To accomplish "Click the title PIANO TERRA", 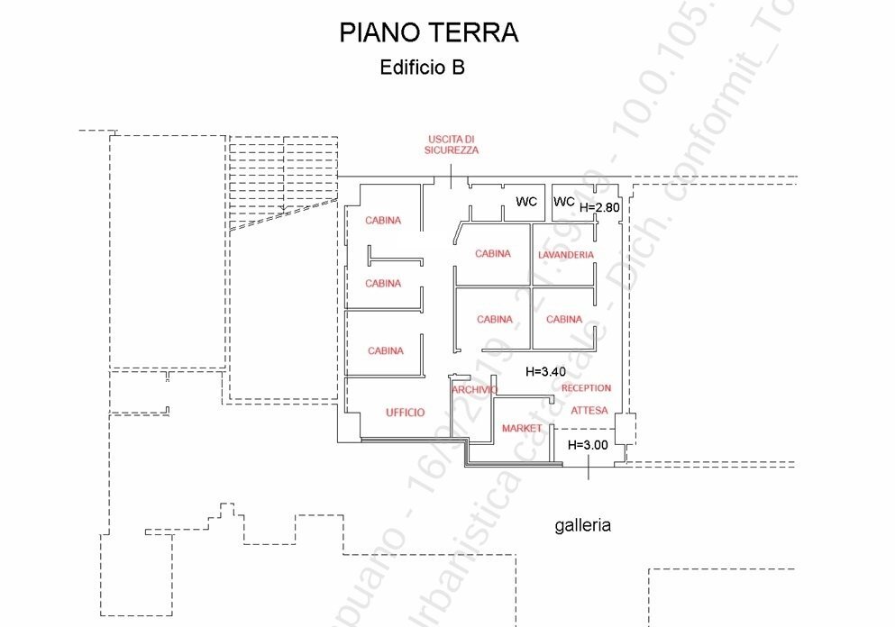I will pyautogui.click(x=428, y=33).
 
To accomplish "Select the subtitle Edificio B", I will pyautogui.click(x=423, y=68).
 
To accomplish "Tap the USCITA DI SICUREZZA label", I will pyautogui.click(x=452, y=144).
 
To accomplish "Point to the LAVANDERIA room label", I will pyautogui.click(x=566, y=255).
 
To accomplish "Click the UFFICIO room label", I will pyautogui.click(x=406, y=412).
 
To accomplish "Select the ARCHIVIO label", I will pyautogui.click(x=474, y=389).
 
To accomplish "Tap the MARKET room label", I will pyautogui.click(x=522, y=428).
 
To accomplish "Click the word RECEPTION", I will pyautogui.click(x=586, y=388).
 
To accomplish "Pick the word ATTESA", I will pyautogui.click(x=589, y=411).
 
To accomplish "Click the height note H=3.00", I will pyautogui.click(x=588, y=445).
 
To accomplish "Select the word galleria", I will pyautogui.click(x=582, y=525).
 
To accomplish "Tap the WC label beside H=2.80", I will pyautogui.click(x=564, y=202).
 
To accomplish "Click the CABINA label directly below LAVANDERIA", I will pyautogui.click(x=564, y=319).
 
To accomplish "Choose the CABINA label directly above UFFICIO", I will pyautogui.click(x=386, y=350).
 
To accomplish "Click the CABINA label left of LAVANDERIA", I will pyautogui.click(x=493, y=254).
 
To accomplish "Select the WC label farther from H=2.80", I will pyautogui.click(x=526, y=202).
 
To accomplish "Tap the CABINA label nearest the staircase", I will pyautogui.click(x=383, y=220).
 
